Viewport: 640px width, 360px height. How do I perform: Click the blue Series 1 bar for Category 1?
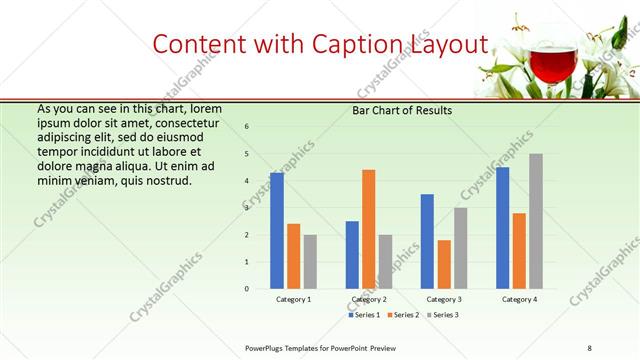pyautogui.click(x=277, y=230)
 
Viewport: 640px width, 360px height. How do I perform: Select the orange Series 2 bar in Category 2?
pyautogui.click(x=369, y=229)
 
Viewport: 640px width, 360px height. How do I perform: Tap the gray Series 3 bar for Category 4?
pyautogui.click(x=536, y=221)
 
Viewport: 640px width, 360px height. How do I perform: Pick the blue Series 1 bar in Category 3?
pyautogui.click(x=427, y=241)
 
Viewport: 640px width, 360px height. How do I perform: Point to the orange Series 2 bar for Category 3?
pyautogui.click(x=444, y=264)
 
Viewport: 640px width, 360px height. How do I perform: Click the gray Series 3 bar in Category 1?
pyautogui.click(x=310, y=261)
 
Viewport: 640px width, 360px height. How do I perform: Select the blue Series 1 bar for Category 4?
pyautogui.click(x=502, y=227)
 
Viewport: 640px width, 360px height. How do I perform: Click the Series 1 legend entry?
pyautogui.click(x=364, y=314)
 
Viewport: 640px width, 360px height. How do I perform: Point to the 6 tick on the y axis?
pyautogui.click(x=247, y=126)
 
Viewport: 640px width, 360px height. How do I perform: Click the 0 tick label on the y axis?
pyautogui.click(x=247, y=288)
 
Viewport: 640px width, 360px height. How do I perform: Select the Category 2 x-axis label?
pyautogui.click(x=369, y=299)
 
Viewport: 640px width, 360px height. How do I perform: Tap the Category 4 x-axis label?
pyautogui.click(x=519, y=299)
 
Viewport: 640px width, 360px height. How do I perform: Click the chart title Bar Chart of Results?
pyautogui.click(x=402, y=110)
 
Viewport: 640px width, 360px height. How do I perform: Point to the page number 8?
pyautogui.click(x=590, y=347)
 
